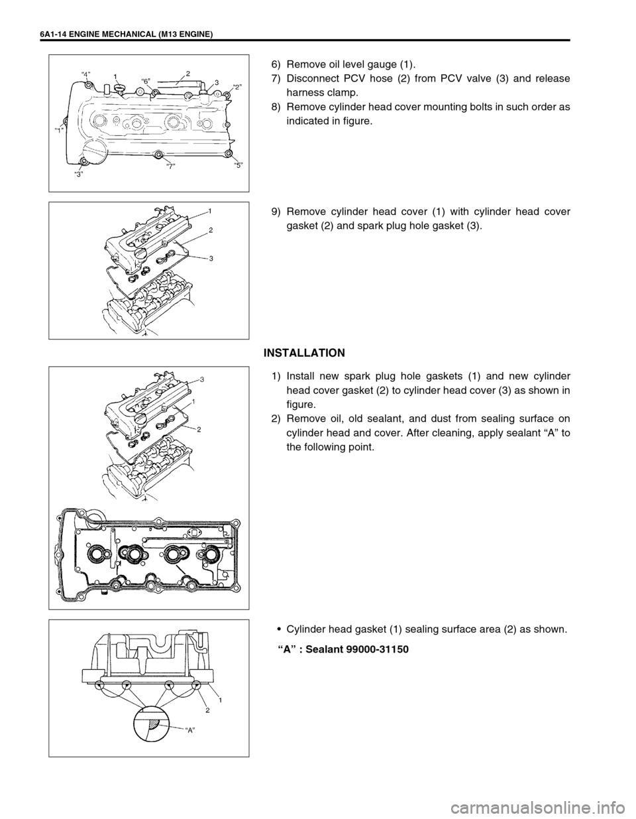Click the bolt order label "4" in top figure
[x=86, y=72]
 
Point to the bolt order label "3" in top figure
[x=78, y=174]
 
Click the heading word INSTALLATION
[x=304, y=352]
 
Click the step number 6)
[x=276, y=64]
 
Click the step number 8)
[x=276, y=108]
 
